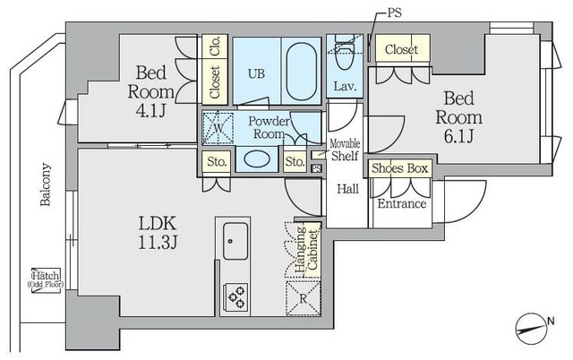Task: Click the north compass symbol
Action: pyautogui.click(x=530, y=330)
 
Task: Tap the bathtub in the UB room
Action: pyautogui.click(x=301, y=72)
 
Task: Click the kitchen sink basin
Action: pyautogui.click(x=235, y=241)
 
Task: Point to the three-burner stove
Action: pyautogui.click(x=235, y=297)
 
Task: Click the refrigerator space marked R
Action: pyautogui.click(x=303, y=298)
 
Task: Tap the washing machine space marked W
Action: pyautogui.click(x=218, y=128)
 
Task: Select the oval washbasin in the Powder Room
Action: pyautogui.click(x=257, y=159)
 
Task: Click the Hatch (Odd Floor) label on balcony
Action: pyautogui.click(x=46, y=279)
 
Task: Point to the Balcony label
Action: pyautogui.click(x=46, y=184)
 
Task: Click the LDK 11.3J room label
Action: pyautogui.click(x=158, y=233)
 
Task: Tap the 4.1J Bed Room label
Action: pyautogui.click(x=150, y=91)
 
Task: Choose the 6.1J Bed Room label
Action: pyautogui.click(x=458, y=117)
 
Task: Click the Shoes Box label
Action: pyautogui.click(x=400, y=168)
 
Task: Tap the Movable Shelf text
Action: pyautogui.click(x=345, y=150)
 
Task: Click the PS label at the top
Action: pyautogui.click(x=394, y=13)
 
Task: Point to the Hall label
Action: pyautogui.click(x=347, y=189)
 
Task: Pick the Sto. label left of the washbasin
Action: pyautogui.click(x=217, y=161)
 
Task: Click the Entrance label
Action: pyautogui.click(x=402, y=203)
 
